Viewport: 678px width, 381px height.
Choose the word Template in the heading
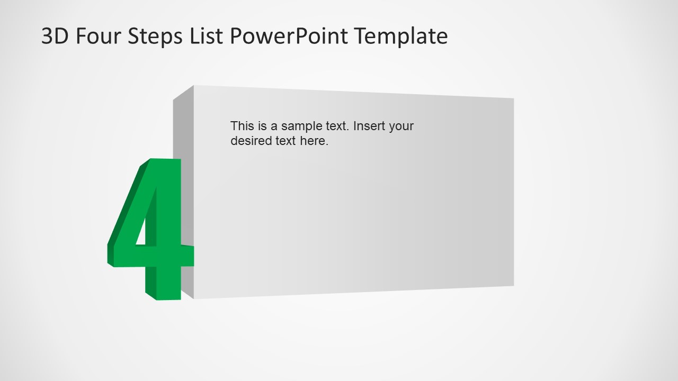(x=401, y=37)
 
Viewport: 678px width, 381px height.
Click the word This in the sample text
(x=242, y=126)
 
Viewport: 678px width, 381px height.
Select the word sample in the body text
(x=301, y=126)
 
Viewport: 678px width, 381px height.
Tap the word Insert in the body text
(x=370, y=126)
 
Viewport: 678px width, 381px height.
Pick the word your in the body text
(x=402, y=126)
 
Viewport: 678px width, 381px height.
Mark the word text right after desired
(x=286, y=141)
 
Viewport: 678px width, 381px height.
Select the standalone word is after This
(x=262, y=126)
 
